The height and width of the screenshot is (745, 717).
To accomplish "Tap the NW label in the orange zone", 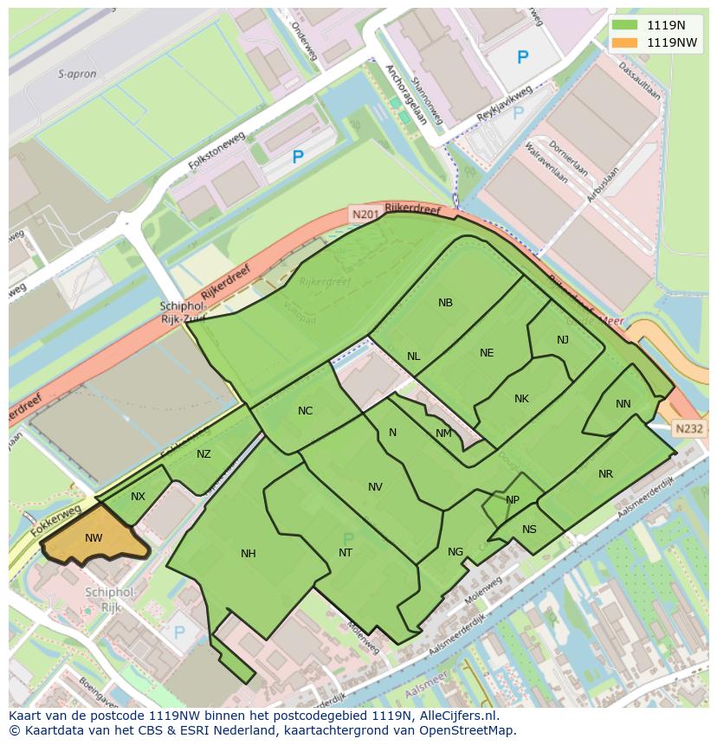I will (x=94, y=538).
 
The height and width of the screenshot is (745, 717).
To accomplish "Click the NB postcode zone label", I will (x=445, y=303).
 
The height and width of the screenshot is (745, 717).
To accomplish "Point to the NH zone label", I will (x=249, y=554).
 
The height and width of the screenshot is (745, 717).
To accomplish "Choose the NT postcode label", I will (x=346, y=553).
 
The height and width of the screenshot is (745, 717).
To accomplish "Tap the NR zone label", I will (x=605, y=474).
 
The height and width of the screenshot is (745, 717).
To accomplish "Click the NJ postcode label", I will (x=563, y=340).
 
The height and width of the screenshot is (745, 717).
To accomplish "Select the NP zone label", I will (x=513, y=500).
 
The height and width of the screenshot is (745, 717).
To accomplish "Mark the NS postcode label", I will (x=529, y=530).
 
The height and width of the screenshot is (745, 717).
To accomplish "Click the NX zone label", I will (x=138, y=497).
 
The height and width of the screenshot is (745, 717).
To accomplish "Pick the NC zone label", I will (x=305, y=411).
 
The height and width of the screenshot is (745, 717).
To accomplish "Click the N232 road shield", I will (x=689, y=428).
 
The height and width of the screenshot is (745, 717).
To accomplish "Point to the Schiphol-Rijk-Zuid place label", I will (x=182, y=311).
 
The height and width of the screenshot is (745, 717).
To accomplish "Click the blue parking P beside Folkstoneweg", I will (x=298, y=157).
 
